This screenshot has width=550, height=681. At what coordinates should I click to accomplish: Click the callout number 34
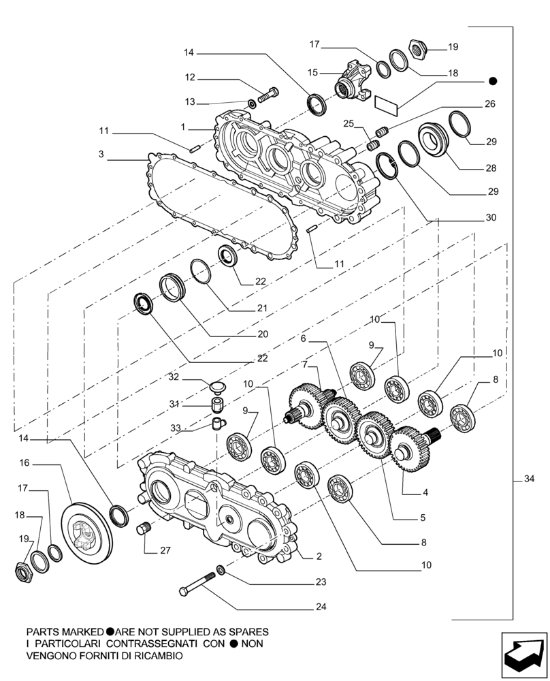tap(529, 480)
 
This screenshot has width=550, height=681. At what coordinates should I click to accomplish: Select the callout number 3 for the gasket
tap(101, 155)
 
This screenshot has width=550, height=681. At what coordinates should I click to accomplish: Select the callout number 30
tap(491, 218)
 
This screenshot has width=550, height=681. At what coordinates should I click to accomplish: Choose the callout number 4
tap(425, 492)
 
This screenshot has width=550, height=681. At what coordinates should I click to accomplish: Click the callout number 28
tap(491, 168)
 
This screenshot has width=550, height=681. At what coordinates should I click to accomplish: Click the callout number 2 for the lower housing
tap(319, 556)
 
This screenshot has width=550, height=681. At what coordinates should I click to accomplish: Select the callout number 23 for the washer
tap(321, 582)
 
